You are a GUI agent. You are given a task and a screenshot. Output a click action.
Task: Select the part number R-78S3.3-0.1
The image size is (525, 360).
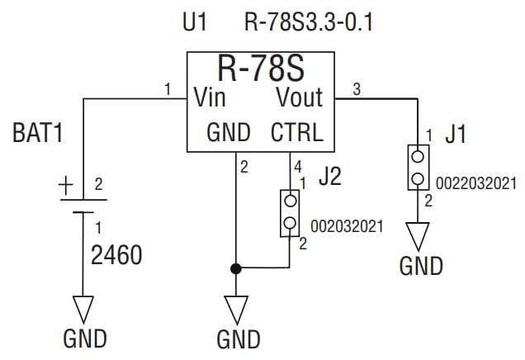point(310,22)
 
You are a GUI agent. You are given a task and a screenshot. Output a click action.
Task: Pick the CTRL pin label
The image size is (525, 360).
point(297,133)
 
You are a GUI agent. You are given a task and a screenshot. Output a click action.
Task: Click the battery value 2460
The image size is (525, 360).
point(116,255)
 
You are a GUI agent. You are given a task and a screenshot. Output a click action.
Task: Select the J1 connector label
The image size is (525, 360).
point(455,134)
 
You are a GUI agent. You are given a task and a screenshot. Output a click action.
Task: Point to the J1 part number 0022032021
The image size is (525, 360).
point(472,182)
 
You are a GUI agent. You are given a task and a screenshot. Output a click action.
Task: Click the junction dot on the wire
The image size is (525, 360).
point(236,268)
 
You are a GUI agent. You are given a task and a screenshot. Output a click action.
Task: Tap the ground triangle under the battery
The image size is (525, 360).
point(84,309)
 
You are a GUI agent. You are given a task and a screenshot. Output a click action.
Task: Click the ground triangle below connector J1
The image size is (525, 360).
point(419,236)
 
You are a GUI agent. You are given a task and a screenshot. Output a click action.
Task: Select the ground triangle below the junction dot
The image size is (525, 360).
point(236,310)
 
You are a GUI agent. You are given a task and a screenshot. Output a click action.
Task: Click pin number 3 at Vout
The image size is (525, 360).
point(357,89)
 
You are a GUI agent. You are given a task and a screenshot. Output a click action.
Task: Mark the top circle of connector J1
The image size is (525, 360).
point(419,155)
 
